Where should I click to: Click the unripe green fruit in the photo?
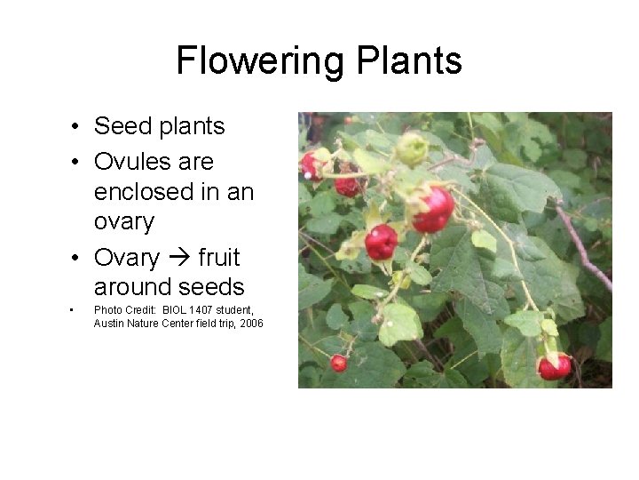pyautogui.click(x=411, y=148)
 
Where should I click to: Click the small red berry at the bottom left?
pyautogui.click(x=338, y=362)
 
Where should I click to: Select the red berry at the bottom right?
pyautogui.click(x=556, y=365)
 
